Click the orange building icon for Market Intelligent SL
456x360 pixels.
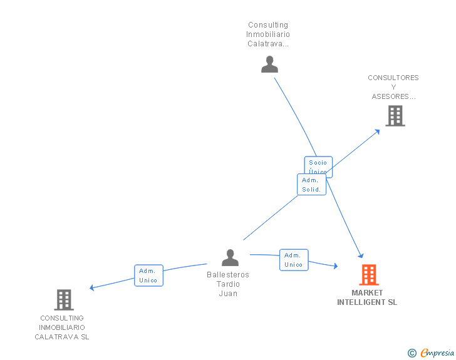point(369,275)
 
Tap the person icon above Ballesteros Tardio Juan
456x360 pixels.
point(231,257)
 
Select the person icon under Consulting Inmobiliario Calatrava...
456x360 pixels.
point(269,64)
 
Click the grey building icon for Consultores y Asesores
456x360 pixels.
point(395,116)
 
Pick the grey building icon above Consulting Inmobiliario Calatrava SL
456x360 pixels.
point(64,300)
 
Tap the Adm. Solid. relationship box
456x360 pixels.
point(311,185)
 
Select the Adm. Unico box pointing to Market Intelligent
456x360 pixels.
point(293,260)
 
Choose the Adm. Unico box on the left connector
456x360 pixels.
point(148,275)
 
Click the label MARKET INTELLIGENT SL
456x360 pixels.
point(367,297)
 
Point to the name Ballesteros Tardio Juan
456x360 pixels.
point(228,284)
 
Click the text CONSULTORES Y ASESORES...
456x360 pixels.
point(393,87)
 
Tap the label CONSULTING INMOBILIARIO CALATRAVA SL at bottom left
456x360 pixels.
point(62,327)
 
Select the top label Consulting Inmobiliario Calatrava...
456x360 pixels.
point(268,34)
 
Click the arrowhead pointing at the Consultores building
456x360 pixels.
point(376,131)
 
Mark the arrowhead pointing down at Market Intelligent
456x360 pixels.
point(361,255)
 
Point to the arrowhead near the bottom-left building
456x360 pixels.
point(93,287)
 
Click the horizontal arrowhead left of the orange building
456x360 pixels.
point(335,267)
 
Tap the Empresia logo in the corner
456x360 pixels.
point(437,353)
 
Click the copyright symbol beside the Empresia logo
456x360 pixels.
point(412,353)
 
